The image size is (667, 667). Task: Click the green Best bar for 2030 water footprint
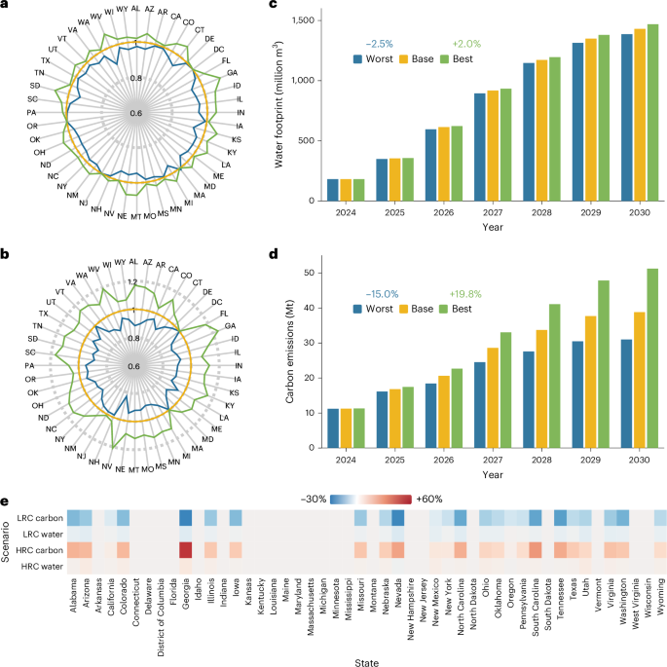click(x=653, y=113)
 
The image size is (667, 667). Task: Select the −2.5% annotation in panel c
click(x=379, y=44)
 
